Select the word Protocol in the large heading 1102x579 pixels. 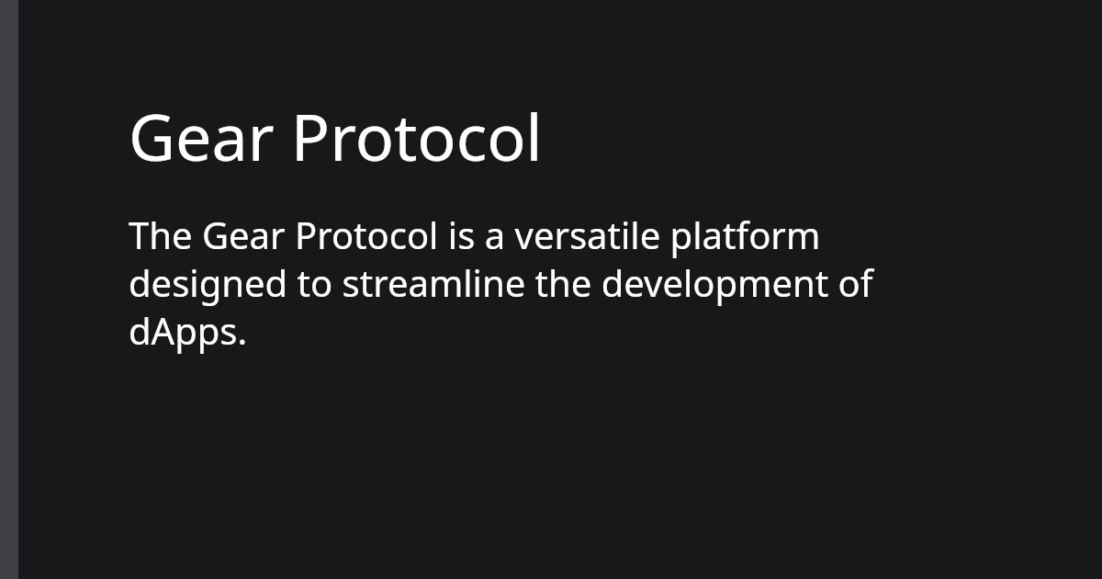416,139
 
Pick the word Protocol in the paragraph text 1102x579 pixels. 366,237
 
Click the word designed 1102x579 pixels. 208,285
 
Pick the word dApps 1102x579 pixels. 184,333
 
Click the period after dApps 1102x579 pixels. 243,344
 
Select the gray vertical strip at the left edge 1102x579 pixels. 9,289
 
